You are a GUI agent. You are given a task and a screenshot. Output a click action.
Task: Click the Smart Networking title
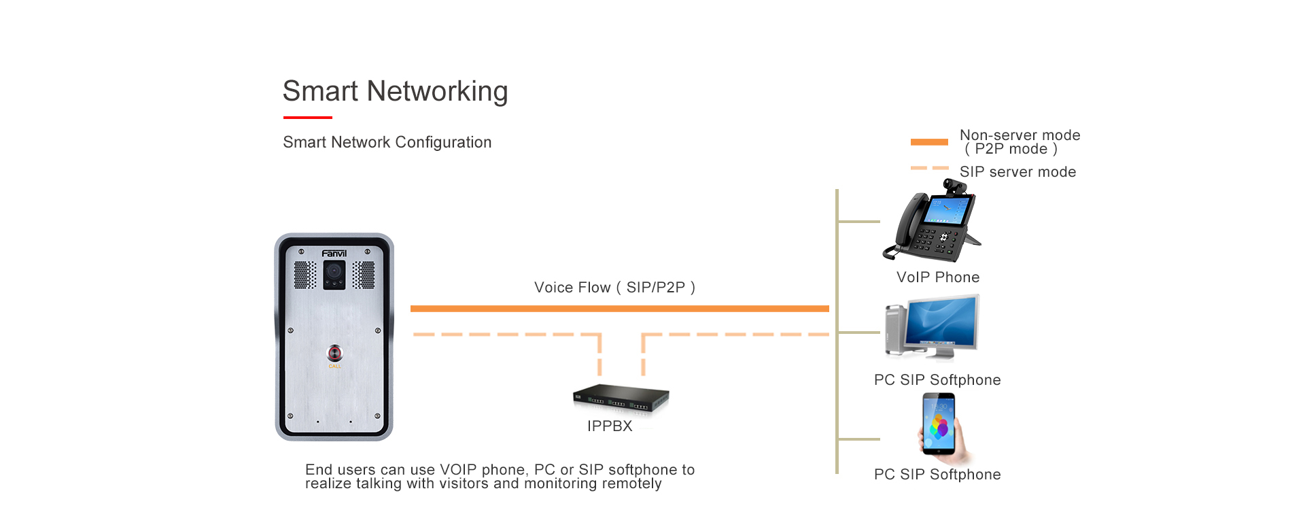point(395,92)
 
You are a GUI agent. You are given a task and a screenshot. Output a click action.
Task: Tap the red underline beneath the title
point(307,118)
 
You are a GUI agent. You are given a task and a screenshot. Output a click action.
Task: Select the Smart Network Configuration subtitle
point(387,142)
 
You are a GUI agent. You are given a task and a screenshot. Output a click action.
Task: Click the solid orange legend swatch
point(929,142)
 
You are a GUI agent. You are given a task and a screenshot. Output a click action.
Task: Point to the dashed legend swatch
point(929,168)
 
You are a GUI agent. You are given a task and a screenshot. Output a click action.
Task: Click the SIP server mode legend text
point(1017,172)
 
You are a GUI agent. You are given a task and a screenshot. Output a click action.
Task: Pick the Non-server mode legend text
point(1020,141)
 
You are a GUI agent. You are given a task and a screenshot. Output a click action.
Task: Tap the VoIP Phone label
point(938,277)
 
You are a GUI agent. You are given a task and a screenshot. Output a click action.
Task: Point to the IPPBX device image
point(621,398)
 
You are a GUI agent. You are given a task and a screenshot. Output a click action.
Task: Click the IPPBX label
point(610,426)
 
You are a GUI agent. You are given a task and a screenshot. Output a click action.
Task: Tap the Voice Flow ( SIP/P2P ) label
point(614,288)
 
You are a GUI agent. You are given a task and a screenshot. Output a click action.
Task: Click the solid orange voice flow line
point(619,309)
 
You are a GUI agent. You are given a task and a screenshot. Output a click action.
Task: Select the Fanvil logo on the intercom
point(334,254)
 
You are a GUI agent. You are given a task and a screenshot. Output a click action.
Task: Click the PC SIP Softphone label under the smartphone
point(937,475)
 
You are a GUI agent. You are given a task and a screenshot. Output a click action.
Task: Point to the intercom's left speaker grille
point(304,275)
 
